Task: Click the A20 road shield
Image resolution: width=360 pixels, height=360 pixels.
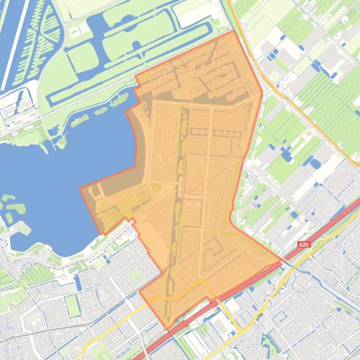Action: point(304,244)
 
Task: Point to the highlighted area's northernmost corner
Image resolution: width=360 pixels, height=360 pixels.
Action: point(233,31)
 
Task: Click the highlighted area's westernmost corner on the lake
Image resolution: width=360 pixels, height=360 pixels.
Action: point(80,189)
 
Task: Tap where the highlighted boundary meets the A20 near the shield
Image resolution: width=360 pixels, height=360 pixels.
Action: point(283,262)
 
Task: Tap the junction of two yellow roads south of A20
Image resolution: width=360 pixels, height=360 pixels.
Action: point(241,330)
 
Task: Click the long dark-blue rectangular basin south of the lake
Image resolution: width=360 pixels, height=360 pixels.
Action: point(78,283)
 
